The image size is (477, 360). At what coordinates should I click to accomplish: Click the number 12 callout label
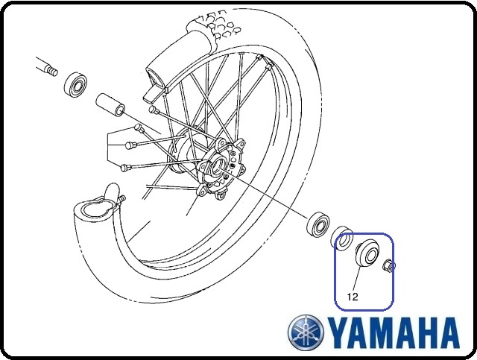(x=353, y=297)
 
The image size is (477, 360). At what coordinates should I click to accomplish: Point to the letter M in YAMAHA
(x=382, y=333)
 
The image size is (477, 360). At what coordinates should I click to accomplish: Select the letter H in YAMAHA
(x=426, y=333)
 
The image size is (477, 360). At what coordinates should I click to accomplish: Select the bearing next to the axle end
(x=75, y=84)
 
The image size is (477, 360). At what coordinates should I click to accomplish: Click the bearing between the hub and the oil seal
(x=318, y=224)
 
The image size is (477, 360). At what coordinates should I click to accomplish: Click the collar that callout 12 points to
(x=367, y=254)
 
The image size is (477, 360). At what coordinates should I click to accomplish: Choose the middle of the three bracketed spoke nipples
(x=130, y=145)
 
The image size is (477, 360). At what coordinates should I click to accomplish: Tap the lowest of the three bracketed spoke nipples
(x=125, y=167)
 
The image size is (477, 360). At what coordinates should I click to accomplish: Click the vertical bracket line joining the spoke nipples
(x=107, y=147)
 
